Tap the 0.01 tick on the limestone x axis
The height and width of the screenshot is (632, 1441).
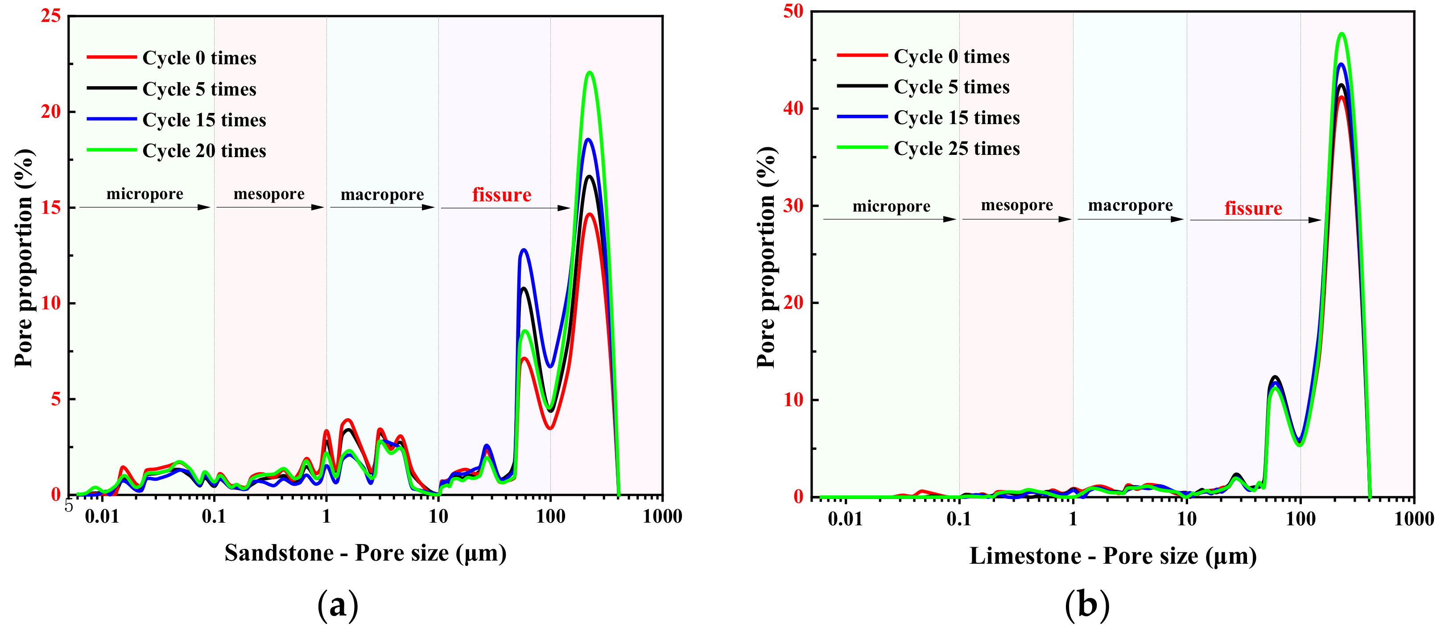click(x=845, y=519)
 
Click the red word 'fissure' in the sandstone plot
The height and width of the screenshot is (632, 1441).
click(x=501, y=195)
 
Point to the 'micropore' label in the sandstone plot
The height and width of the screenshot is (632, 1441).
click(x=145, y=194)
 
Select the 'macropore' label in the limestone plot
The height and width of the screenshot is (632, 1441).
click(x=1130, y=205)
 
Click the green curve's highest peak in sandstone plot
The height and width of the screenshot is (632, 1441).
click(x=590, y=72)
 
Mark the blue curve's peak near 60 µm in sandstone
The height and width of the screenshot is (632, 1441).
click(x=524, y=249)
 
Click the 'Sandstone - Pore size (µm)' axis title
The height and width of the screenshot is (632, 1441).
click(x=365, y=553)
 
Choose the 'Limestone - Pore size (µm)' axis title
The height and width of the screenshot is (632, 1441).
click(x=1113, y=556)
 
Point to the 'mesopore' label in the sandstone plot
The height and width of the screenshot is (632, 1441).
click(x=268, y=194)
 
